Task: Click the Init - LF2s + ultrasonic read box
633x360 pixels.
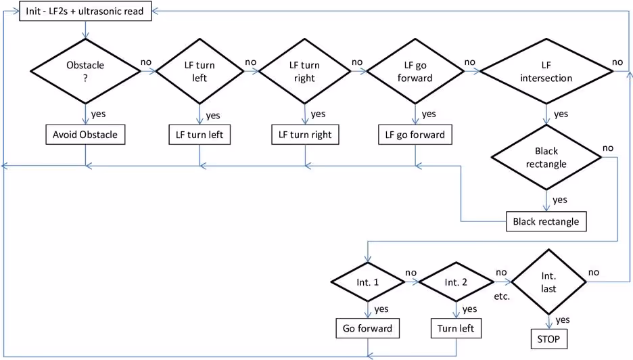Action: (x=85, y=12)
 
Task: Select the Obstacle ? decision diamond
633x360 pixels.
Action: (x=85, y=71)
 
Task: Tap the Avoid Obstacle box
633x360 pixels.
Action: (x=85, y=135)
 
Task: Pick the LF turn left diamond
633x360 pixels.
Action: (x=200, y=71)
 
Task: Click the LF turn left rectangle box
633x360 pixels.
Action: (x=200, y=135)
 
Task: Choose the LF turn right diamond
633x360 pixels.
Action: (x=305, y=71)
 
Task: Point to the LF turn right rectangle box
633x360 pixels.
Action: (x=305, y=135)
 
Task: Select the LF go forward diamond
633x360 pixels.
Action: (x=415, y=71)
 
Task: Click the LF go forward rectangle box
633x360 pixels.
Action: (x=415, y=135)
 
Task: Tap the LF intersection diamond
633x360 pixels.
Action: (x=546, y=71)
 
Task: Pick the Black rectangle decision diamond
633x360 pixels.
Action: (x=546, y=158)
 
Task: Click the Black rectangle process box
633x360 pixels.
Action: (x=546, y=221)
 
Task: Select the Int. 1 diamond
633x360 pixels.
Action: (x=367, y=281)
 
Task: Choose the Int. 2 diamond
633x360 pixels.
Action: (x=456, y=281)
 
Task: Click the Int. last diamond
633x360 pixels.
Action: (x=548, y=281)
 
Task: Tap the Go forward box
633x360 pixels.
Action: (x=367, y=329)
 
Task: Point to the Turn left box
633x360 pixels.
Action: (x=456, y=329)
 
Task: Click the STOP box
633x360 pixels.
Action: (x=548, y=338)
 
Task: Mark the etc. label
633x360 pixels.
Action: (x=502, y=296)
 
